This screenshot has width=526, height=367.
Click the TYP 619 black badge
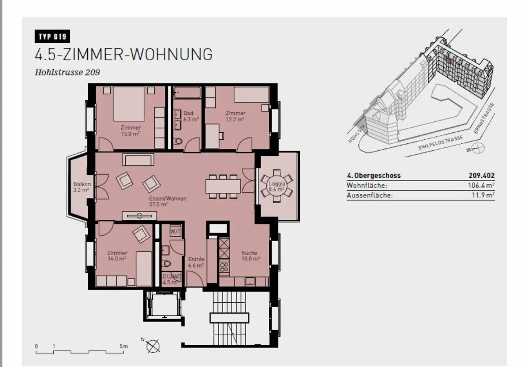[52, 37]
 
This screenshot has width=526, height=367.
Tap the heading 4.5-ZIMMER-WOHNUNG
[123, 54]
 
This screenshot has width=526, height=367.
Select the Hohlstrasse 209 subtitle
[67, 72]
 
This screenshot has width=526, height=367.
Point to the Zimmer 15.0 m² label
[131, 130]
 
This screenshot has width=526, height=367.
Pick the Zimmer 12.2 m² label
[235, 116]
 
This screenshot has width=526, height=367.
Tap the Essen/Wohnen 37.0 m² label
[168, 201]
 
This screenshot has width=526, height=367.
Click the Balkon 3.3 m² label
[81, 187]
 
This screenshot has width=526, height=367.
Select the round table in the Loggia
[277, 186]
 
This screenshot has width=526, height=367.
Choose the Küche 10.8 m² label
[250, 256]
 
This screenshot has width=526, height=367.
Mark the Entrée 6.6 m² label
[196, 262]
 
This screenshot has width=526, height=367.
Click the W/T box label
[175, 231]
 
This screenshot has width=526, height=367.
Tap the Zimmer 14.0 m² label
[117, 256]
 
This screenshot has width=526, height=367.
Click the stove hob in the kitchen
[224, 267]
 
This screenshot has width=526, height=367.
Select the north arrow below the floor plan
[153, 345]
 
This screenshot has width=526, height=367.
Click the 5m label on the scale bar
[123, 346]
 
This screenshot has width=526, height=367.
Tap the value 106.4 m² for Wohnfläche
[481, 185]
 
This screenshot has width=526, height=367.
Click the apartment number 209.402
[481, 175]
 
